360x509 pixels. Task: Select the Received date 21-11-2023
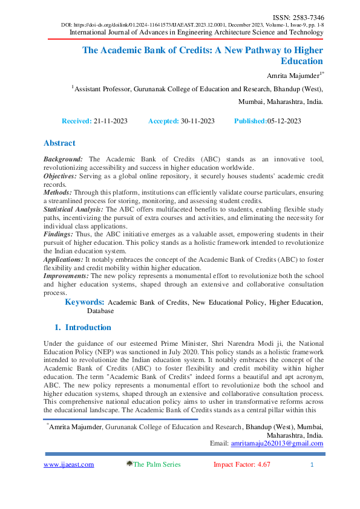(111, 121)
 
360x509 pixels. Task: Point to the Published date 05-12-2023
(284, 121)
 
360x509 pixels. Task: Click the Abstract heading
(59, 143)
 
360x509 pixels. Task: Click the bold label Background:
(65, 159)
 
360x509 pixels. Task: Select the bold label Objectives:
(63, 175)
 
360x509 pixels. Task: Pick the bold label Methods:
(57, 192)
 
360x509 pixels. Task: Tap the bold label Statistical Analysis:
(73, 208)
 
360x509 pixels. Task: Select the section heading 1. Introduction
(83, 328)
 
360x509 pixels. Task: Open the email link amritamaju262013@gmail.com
(277, 443)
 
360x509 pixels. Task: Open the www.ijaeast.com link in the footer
(68, 464)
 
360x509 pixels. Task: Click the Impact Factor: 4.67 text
(241, 464)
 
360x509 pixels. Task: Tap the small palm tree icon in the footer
(129, 464)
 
